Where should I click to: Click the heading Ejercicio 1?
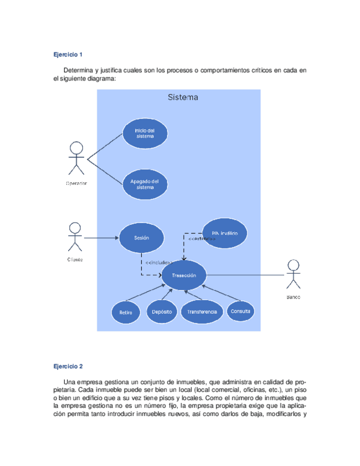[x=68, y=54]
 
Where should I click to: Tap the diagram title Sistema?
[x=182, y=98]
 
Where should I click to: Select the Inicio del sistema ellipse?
[x=145, y=133]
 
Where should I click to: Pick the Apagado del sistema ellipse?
[x=145, y=184]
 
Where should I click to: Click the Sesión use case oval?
[x=142, y=238]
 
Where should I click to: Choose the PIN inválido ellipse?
[x=224, y=234]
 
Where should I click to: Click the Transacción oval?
[x=184, y=275]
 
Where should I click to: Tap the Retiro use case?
[x=126, y=312]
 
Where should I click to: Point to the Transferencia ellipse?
[x=202, y=312]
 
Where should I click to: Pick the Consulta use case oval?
[x=241, y=311]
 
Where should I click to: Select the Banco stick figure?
[x=293, y=274]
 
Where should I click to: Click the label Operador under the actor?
[x=76, y=183]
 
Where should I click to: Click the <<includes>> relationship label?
[x=163, y=263]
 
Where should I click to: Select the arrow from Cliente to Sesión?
[x=102, y=238]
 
